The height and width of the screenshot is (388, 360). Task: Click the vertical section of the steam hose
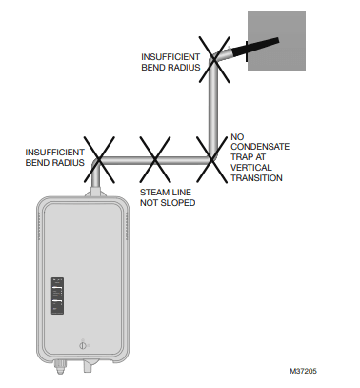point(215,105)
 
